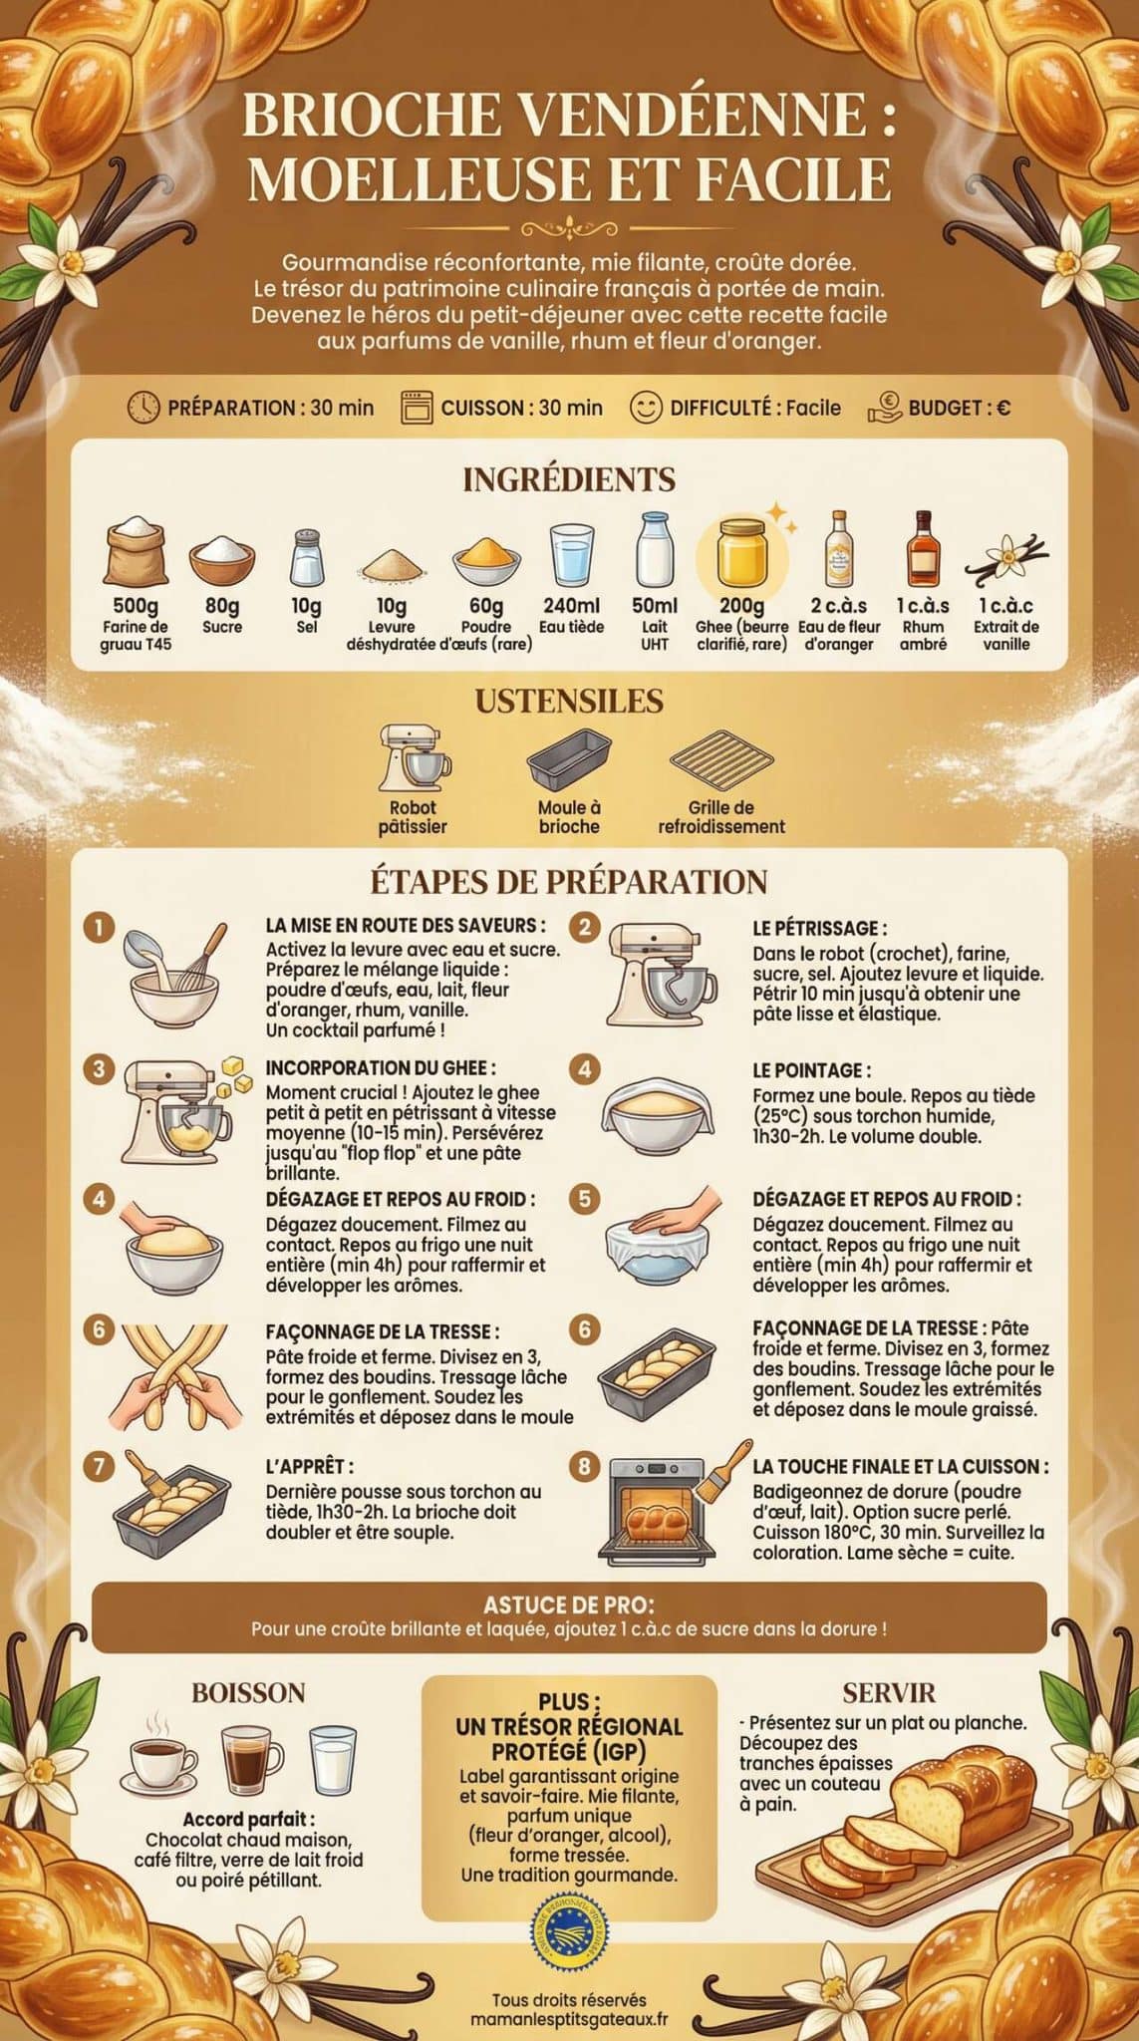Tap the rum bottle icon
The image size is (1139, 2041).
pyautogui.click(x=922, y=550)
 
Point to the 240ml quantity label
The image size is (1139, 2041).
pyautogui.click(x=571, y=605)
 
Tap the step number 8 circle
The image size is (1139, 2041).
pyautogui.click(x=585, y=1466)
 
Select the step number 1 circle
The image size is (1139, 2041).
pyautogui.click(x=98, y=927)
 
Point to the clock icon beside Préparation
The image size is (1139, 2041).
pyautogui.click(x=144, y=407)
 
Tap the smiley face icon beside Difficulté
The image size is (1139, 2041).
pyautogui.click(x=646, y=407)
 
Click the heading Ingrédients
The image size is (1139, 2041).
pyautogui.click(x=569, y=479)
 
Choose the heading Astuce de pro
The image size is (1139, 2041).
pyautogui.click(x=569, y=1604)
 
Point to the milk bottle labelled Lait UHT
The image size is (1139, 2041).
pyautogui.click(x=654, y=551)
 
